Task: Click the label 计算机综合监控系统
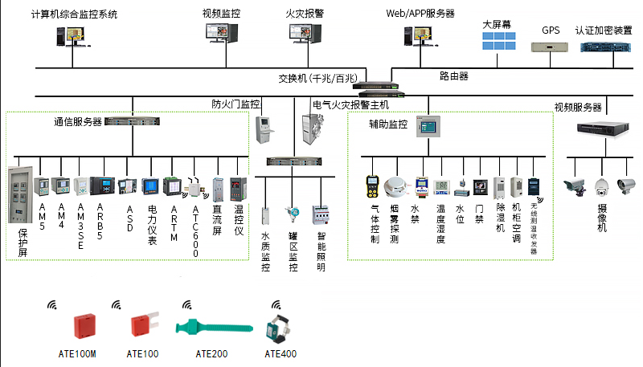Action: pos(73,14)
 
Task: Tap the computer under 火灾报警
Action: pos(305,33)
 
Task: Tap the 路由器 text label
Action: pos(454,76)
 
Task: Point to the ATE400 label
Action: pos(281,353)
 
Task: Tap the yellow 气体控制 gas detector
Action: pos(373,186)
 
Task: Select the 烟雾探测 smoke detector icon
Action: pos(394,187)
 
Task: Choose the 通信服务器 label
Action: pos(78,122)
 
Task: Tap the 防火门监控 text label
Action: pos(235,104)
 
